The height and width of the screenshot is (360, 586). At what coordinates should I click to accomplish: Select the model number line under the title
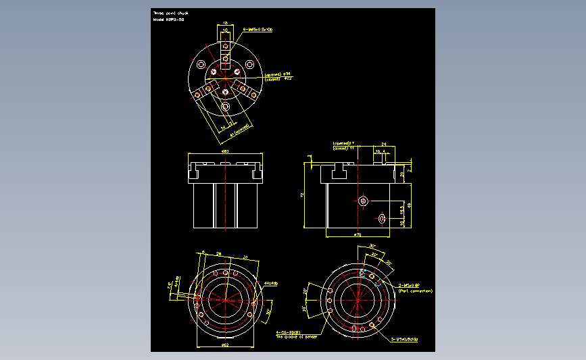point(168,20)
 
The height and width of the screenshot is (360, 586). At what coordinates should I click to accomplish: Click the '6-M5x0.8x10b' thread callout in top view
point(249,30)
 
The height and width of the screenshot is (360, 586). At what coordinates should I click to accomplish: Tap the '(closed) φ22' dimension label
point(278,78)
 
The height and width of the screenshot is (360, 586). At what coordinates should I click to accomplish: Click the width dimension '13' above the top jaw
point(225,22)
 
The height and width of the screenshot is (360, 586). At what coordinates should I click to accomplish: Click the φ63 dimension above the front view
point(225,151)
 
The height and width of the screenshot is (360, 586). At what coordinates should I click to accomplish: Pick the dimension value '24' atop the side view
point(384,145)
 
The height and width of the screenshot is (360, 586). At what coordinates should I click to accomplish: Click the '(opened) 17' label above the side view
point(344,144)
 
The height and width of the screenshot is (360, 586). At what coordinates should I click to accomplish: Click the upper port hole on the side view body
point(364,201)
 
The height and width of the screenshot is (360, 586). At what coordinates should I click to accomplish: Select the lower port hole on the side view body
point(381,218)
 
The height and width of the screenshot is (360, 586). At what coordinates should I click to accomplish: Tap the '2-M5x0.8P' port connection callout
point(410,286)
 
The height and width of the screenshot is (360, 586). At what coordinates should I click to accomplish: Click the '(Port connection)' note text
point(415,291)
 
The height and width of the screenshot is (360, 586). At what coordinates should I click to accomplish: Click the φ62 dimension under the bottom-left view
point(224,346)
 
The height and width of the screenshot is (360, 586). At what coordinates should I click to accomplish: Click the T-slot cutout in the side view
point(339,175)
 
